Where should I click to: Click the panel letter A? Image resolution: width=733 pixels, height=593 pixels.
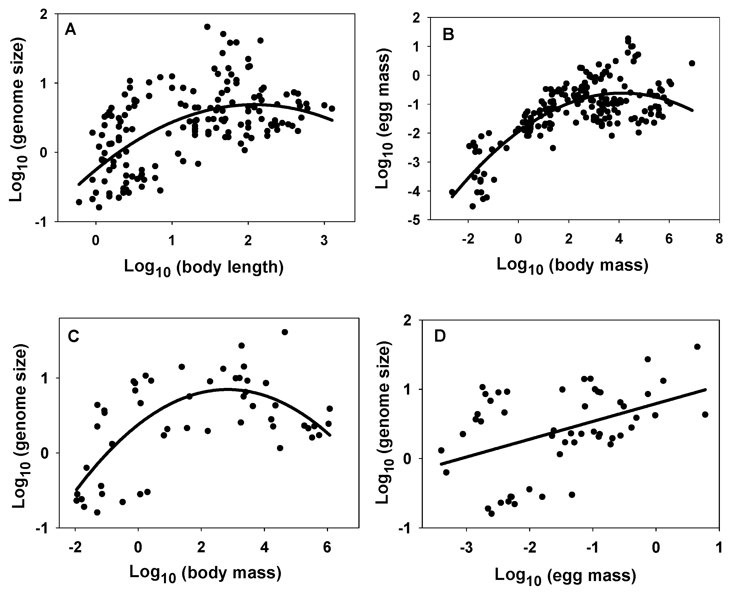(71, 30)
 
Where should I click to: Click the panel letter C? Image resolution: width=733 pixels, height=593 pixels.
(74, 337)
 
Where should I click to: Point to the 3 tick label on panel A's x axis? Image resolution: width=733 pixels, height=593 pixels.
(324, 241)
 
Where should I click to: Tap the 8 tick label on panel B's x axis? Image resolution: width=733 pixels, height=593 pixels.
(719, 239)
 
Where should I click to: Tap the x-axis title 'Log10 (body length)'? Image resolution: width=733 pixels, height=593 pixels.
(204, 268)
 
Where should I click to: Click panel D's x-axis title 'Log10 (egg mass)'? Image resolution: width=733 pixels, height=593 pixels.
(565, 576)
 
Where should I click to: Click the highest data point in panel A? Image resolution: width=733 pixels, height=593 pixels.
(207, 27)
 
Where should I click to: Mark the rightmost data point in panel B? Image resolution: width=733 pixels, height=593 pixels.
(692, 63)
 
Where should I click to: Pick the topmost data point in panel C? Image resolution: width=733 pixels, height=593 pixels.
(285, 332)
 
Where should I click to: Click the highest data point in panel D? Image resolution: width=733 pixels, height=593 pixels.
(698, 347)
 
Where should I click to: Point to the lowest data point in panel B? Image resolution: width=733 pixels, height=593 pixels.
(472, 206)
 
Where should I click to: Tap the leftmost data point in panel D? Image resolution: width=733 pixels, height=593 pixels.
(441, 450)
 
